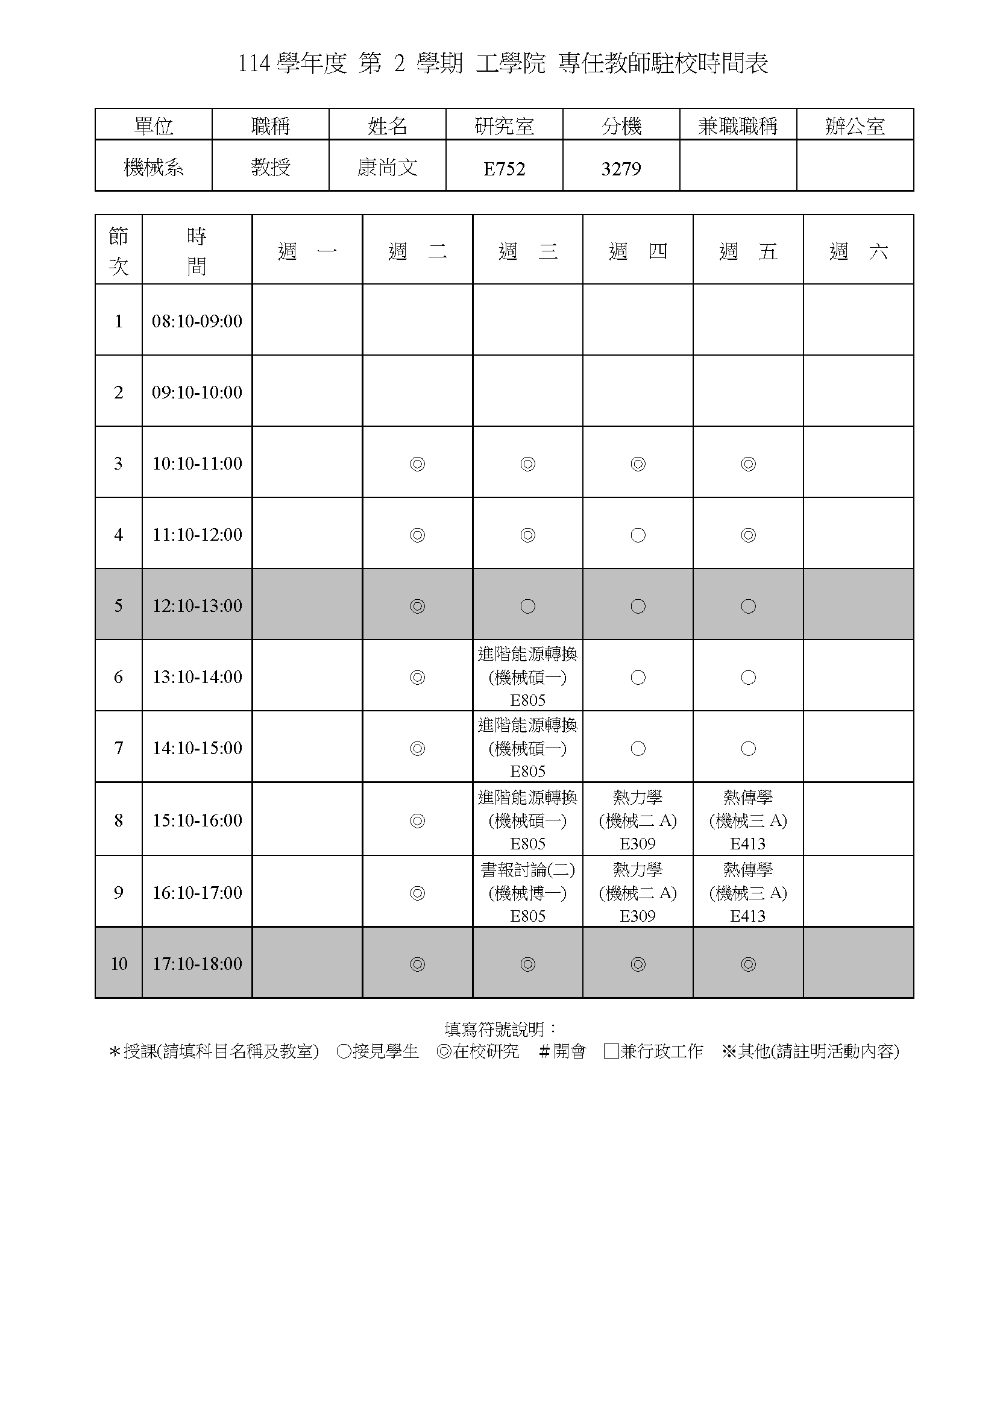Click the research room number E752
point(504,168)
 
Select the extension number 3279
point(621,168)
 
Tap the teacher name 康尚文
point(388,167)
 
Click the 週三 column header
point(527,251)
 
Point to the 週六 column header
point(858,251)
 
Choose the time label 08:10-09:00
point(197,321)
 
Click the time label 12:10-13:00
point(197,605)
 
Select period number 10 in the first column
point(119,963)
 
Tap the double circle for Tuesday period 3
point(418,464)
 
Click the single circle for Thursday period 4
point(638,535)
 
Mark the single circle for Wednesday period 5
point(527,606)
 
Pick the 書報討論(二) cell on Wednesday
point(527,892)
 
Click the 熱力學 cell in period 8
point(638,819)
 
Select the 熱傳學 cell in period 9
point(747,892)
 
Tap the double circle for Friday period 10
point(747,964)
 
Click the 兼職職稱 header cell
point(738,126)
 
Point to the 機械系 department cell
point(154,167)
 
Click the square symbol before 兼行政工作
point(611,1051)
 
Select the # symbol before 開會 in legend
point(543,1051)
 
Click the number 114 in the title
point(254,64)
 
